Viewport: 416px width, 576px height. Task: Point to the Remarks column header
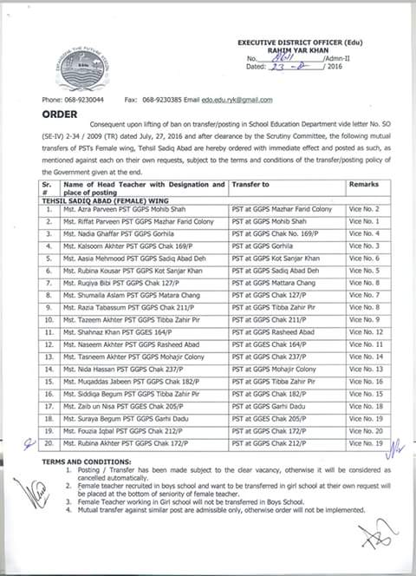[363, 185]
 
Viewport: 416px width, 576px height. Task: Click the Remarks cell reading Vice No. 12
[364, 332]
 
